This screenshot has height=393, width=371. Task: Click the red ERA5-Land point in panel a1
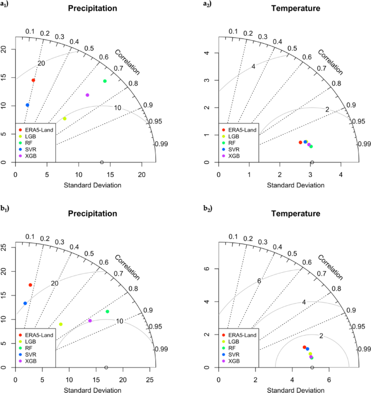pos(33,80)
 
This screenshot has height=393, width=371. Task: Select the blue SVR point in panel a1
pos(28,105)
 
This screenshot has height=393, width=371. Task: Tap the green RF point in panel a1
pos(105,81)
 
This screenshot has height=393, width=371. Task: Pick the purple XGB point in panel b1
pos(90,321)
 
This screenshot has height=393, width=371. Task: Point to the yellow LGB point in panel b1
pos(61,324)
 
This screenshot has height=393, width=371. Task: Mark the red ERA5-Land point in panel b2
pos(304,347)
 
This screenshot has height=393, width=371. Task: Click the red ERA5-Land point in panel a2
pos(301,142)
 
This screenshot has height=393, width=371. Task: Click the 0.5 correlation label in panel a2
pos(292,49)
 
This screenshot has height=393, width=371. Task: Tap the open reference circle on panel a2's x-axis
pos(312,162)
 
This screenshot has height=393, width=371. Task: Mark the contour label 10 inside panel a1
pos(118,108)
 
